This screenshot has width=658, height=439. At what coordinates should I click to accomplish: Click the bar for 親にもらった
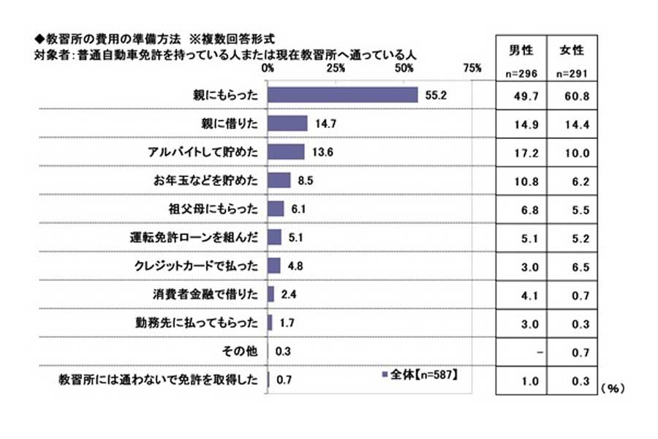click(342, 95)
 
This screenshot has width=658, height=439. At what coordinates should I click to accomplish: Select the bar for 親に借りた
click(287, 123)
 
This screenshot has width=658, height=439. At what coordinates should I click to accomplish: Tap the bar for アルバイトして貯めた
click(286, 151)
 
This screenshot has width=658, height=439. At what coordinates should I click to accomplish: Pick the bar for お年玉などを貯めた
click(279, 180)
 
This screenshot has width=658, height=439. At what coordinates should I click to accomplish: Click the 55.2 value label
click(437, 95)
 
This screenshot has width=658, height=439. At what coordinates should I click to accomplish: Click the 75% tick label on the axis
click(472, 68)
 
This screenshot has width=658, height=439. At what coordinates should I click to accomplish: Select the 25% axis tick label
click(336, 68)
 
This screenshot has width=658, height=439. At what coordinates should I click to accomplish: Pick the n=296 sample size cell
click(521, 74)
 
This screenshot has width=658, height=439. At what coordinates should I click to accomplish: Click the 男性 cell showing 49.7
click(521, 95)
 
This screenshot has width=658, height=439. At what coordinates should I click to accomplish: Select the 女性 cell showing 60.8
click(572, 95)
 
